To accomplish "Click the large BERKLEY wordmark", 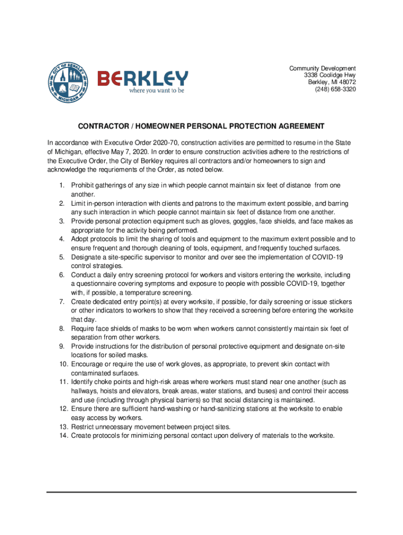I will point(142,78).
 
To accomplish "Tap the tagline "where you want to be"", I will point(157,90).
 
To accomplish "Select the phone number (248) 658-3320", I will point(335,89).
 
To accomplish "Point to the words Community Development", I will point(322,68).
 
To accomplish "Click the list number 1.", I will point(61,185).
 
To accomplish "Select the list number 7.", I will point(61,301).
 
